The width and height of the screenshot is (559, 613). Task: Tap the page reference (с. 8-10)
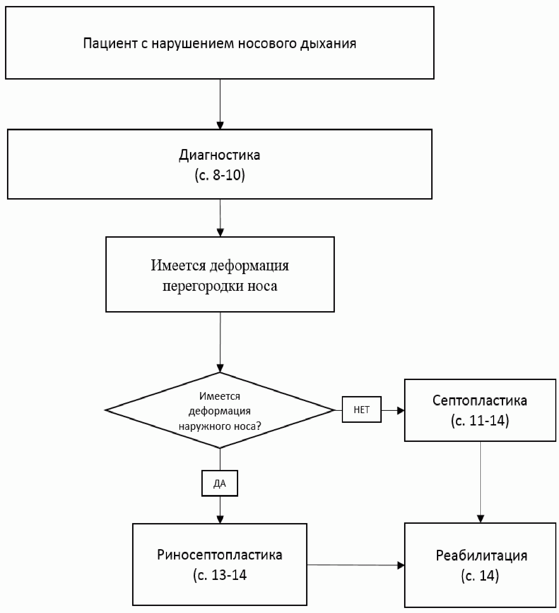coord(219,175)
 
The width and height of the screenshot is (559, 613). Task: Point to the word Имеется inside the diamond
coord(219,396)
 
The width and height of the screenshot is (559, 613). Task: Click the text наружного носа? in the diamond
coord(219,426)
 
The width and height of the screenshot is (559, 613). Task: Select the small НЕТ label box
coord(361,410)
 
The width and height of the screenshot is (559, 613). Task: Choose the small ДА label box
coord(219,483)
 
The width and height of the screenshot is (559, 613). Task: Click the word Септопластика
coord(480,400)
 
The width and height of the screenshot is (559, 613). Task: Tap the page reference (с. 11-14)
coord(480,420)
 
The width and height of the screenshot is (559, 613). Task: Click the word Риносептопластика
coord(219,555)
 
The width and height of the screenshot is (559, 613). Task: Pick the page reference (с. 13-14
coord(219,575)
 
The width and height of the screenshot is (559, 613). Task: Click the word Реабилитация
coord(481,556)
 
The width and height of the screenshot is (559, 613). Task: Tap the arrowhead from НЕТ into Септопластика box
coord(400,410)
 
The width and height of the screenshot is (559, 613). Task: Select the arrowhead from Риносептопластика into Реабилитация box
coord(400,565)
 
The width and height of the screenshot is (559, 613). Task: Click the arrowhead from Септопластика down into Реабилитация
coord(480,519)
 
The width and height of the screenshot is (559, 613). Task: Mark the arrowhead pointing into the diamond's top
coord(220,368)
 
